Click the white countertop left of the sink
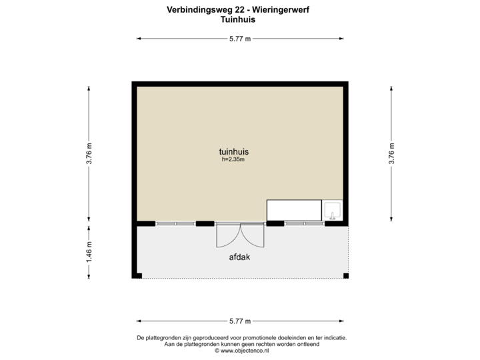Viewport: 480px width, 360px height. coord(294,210)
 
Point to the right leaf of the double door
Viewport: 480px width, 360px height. coord(253,237)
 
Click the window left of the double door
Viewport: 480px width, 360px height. coord(176,223)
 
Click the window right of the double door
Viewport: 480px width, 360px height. coord(304,223)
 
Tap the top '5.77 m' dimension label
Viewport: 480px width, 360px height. coord(241,39)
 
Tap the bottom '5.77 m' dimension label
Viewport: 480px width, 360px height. coord(241,320)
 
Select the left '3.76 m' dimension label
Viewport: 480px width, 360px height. coord(89,153)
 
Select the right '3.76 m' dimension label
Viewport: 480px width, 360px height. coord(392,153)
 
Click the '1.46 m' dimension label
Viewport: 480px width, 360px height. coord(89,251)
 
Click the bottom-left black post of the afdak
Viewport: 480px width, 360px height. coord(137,277)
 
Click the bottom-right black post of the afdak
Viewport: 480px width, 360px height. coord(346,277)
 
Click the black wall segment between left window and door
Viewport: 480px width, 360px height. coord(205,223)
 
